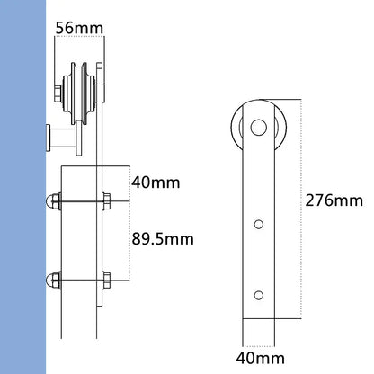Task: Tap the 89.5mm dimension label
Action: (x=168, y=241)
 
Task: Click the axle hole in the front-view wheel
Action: (x=257, y=126)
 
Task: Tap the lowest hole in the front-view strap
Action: (x=258, y=294)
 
